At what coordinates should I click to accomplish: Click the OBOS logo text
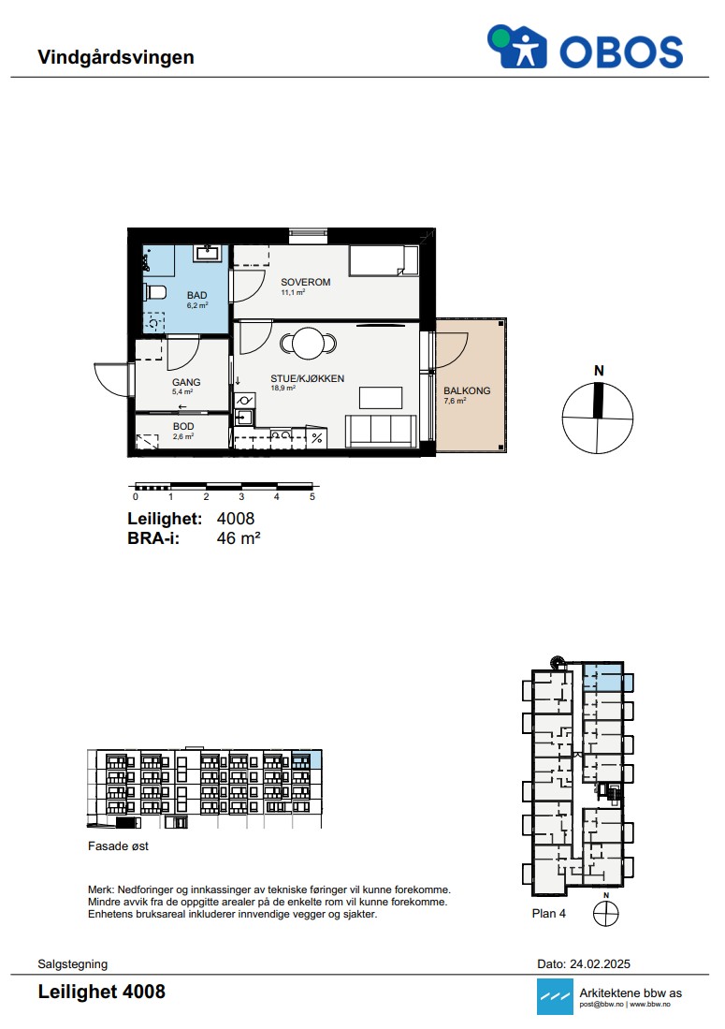click(x=621, y=51)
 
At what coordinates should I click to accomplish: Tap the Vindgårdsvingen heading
click(x=116, y=57)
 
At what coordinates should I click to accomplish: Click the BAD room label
click(x=196, y=295)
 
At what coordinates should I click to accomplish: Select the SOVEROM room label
click(x=306, y=282)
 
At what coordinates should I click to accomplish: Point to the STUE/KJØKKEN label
click(x=308, y=378)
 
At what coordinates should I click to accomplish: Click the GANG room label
click(x=186, y=382)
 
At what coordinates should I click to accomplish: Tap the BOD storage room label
click(x=183, y=427)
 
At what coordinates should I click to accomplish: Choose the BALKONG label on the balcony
click(x=467, y=390)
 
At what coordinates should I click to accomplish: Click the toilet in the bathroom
click(x=155, y=293)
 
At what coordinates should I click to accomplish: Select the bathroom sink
click(x=209, y=252)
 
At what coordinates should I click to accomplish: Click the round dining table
click(x=308, y=344)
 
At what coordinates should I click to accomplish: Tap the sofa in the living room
click(x=381, y=431)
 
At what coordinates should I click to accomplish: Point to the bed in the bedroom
click(x=384, y=260)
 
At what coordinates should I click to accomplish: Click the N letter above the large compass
click(x=599, y=371)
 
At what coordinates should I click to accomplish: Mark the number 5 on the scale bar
click(x=312, y=497)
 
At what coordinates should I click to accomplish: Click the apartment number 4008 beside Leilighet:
click(x=236, y=519)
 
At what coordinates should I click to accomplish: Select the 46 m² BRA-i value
click(x=239, y=538)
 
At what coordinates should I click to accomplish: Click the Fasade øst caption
click(x=118, y=846)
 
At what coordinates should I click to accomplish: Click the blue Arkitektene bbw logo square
click(x=555, y=996)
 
